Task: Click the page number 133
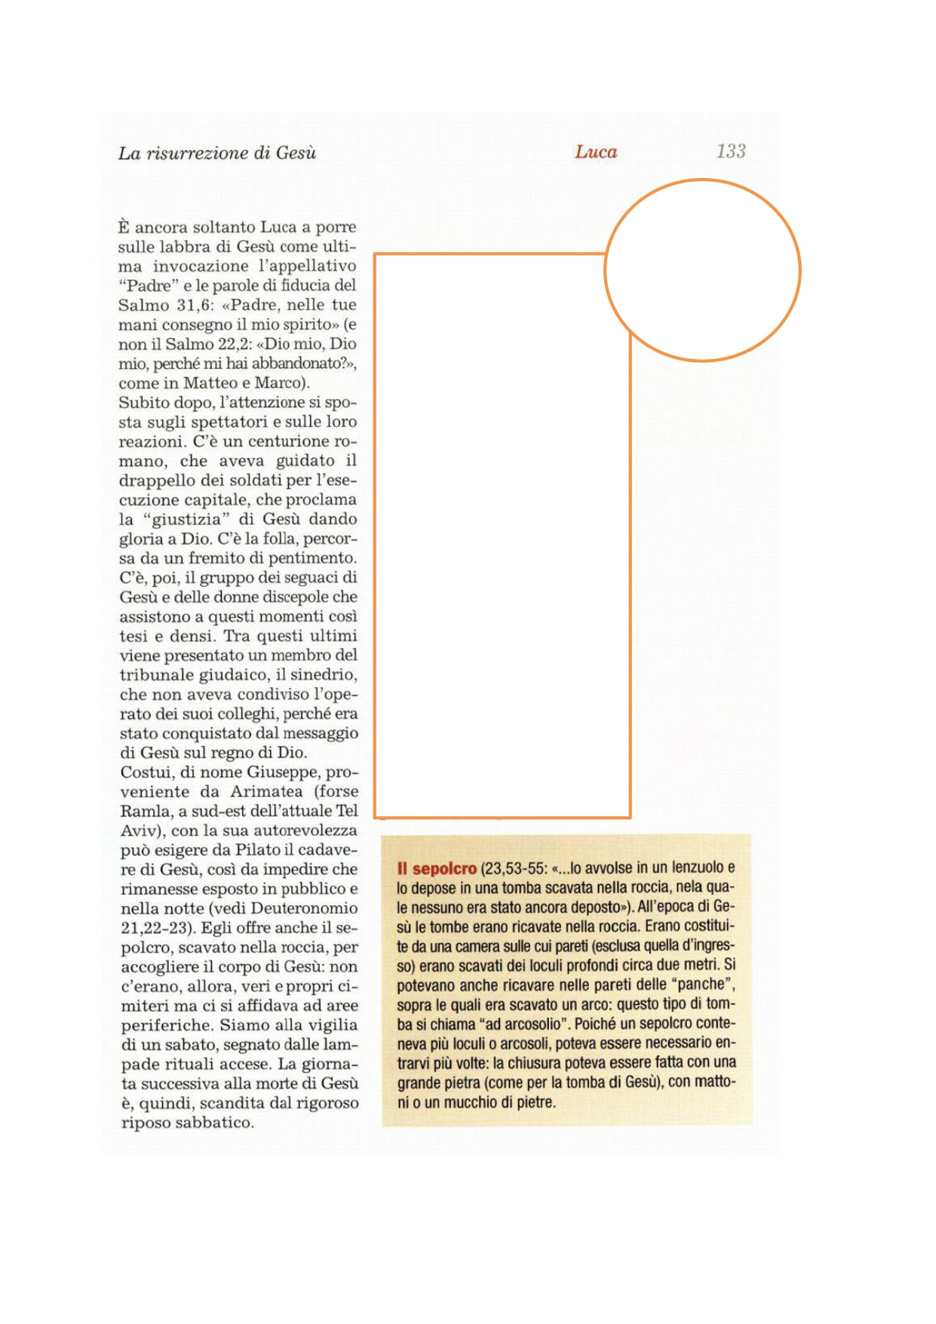click(730, 152)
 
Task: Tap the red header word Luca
click(596, 152)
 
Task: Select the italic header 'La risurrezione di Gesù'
click(217, 153)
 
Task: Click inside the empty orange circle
click(702, 270)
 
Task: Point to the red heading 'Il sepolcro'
click(437, 868)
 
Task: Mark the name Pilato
click(259, 850)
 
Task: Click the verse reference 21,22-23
click(155, 928)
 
